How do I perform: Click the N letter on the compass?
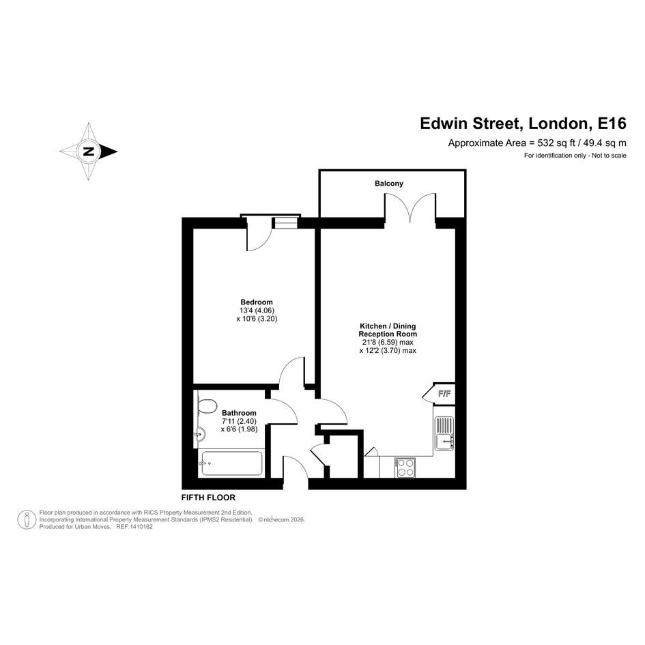[x=89, y=152]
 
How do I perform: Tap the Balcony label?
[x=389, y=184]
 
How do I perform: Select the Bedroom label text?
[x=257, y=302]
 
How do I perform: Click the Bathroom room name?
[x=239, y=412]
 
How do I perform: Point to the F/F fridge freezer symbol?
[x=440, y=394]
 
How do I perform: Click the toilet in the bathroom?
[x=207, y=406]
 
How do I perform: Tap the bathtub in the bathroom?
[x=231, y=463]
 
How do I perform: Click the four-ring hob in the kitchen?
[x=405, y=468]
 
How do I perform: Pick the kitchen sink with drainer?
[x=444, y=433]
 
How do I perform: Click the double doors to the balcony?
[x=410, y=209]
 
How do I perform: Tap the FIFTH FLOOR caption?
[x=208, y=498]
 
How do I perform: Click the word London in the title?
[x=558, y=124]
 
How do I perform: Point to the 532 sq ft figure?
[x=553, y=143]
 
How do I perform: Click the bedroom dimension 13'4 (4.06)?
[x=257, y=311]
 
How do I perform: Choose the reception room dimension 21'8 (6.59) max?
[x=388, y=342]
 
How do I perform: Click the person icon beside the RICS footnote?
[x=27, y=519]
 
